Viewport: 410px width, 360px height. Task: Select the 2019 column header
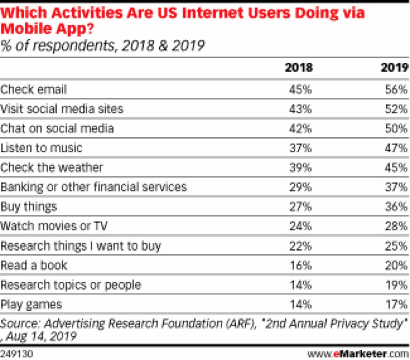click(394, 68)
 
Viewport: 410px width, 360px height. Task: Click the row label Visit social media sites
click(62, 109)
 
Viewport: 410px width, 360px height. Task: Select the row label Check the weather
click(51, 167)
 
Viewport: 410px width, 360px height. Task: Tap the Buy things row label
click(29, 206)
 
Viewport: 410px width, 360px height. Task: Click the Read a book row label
click(34, 265)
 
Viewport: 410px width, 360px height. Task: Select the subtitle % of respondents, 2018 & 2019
click(102, 46)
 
